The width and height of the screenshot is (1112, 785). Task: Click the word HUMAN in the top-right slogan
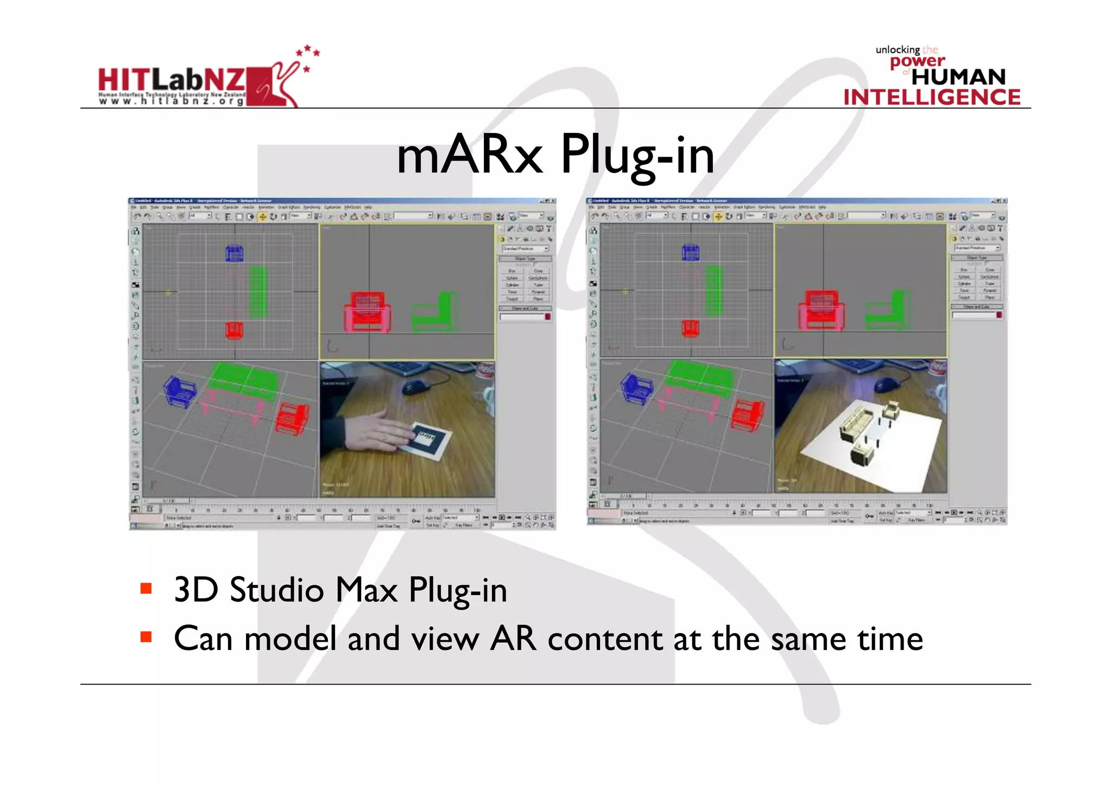click(958, 77)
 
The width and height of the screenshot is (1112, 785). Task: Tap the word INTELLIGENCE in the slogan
click(932, 98)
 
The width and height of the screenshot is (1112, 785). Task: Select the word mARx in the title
click(469, 156)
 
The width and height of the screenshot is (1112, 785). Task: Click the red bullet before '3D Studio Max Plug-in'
click(146, 589)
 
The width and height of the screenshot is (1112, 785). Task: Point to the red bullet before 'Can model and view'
click(146, 637)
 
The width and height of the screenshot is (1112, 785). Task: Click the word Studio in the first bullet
click(276, 590)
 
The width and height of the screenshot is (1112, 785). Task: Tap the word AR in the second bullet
click(513, 639)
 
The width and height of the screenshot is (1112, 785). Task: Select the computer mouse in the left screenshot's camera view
click(415, 386)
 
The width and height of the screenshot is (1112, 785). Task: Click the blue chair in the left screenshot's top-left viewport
click(234, 253)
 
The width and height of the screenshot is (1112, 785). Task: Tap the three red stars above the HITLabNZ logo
click(308, 55)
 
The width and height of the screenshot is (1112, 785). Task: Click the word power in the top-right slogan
click(917, 61)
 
